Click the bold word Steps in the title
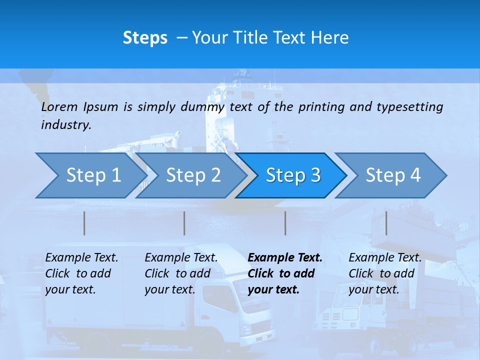click(x=145, y=38)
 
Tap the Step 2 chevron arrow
click(x=193, y=175)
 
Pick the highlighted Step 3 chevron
click(x=293, y=175)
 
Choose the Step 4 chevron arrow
click(x=393, y=175)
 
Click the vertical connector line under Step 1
click(x=84, y=223)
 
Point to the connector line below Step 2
click(x=184, y=223)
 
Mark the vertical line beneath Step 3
click(x=285, y=223)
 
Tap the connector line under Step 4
click(x=386, y=223)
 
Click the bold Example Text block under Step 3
click(x=285, y=273)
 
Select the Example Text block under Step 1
click(x=81, y=273)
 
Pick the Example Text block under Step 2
click(x=181, y=273)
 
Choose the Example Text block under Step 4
click(x=385, y=273)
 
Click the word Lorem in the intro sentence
click(x=59, y=106)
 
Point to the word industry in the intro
click(x=65, y=125)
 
